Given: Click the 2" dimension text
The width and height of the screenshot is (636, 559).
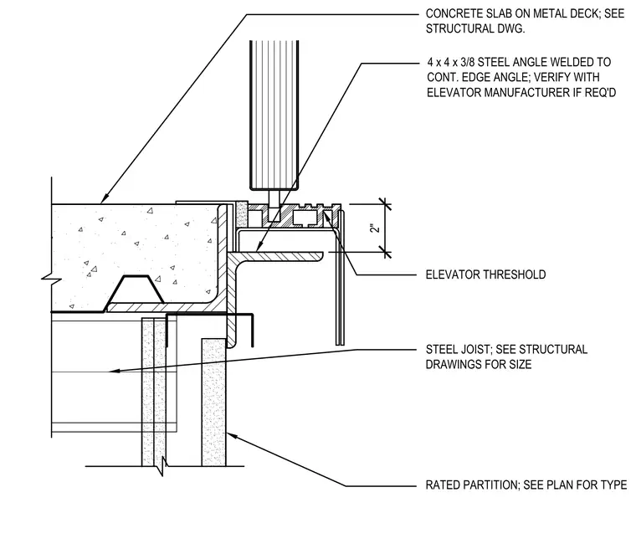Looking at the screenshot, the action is click(x=376, y=227).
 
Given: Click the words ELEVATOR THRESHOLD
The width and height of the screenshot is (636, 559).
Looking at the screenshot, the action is click(x=485, y=274).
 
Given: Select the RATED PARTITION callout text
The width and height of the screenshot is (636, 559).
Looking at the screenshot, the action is click(x=526, y=485).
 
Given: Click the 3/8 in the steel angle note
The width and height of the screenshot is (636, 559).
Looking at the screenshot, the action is click(x=467, y=62).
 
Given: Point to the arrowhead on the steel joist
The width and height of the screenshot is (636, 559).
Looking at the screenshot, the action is click(x=115, y=371).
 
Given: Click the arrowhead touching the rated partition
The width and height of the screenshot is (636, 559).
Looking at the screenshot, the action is click(x=232, y=436).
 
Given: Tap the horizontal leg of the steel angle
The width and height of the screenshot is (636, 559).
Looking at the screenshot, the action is click(x=276, y=256).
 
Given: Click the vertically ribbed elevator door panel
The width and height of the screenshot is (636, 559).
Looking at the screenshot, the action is click(x=274, y=115).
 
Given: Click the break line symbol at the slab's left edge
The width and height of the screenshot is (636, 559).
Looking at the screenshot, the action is click(x=52, y=279).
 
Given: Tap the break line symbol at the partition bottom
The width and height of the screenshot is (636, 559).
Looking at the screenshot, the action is click(x=162, y=466).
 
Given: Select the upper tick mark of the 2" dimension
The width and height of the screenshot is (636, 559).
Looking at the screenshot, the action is click(x=385, y=204).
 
